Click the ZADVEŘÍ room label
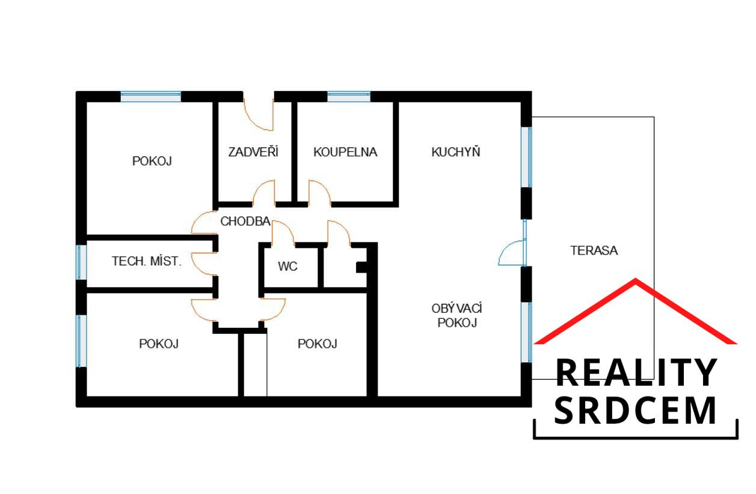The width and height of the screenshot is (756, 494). click(253, 152)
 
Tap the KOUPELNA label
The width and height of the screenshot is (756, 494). click(345, 152)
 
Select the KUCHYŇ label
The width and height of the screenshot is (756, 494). click(456, 152)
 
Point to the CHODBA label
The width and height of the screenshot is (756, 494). click(245, 221)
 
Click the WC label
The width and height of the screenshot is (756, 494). click(287, 267)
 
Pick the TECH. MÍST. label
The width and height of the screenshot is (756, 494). click(147, 261)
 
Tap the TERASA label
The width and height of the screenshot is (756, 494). click(594, 250)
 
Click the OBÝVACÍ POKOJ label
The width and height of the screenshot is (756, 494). click(456, 316)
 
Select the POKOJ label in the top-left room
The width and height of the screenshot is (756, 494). click(152, 161)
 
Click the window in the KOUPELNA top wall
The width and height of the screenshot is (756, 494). click(349, 96)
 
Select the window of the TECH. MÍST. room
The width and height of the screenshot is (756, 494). click(81, 262)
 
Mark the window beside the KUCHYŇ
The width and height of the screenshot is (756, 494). click(526, 157)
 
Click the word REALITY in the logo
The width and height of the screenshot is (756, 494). click(636, 373)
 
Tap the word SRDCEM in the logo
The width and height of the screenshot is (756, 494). click(635, 410)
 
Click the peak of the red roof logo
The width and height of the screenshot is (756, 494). click(636, 279)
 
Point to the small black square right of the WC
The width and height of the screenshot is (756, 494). click(361, 267)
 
